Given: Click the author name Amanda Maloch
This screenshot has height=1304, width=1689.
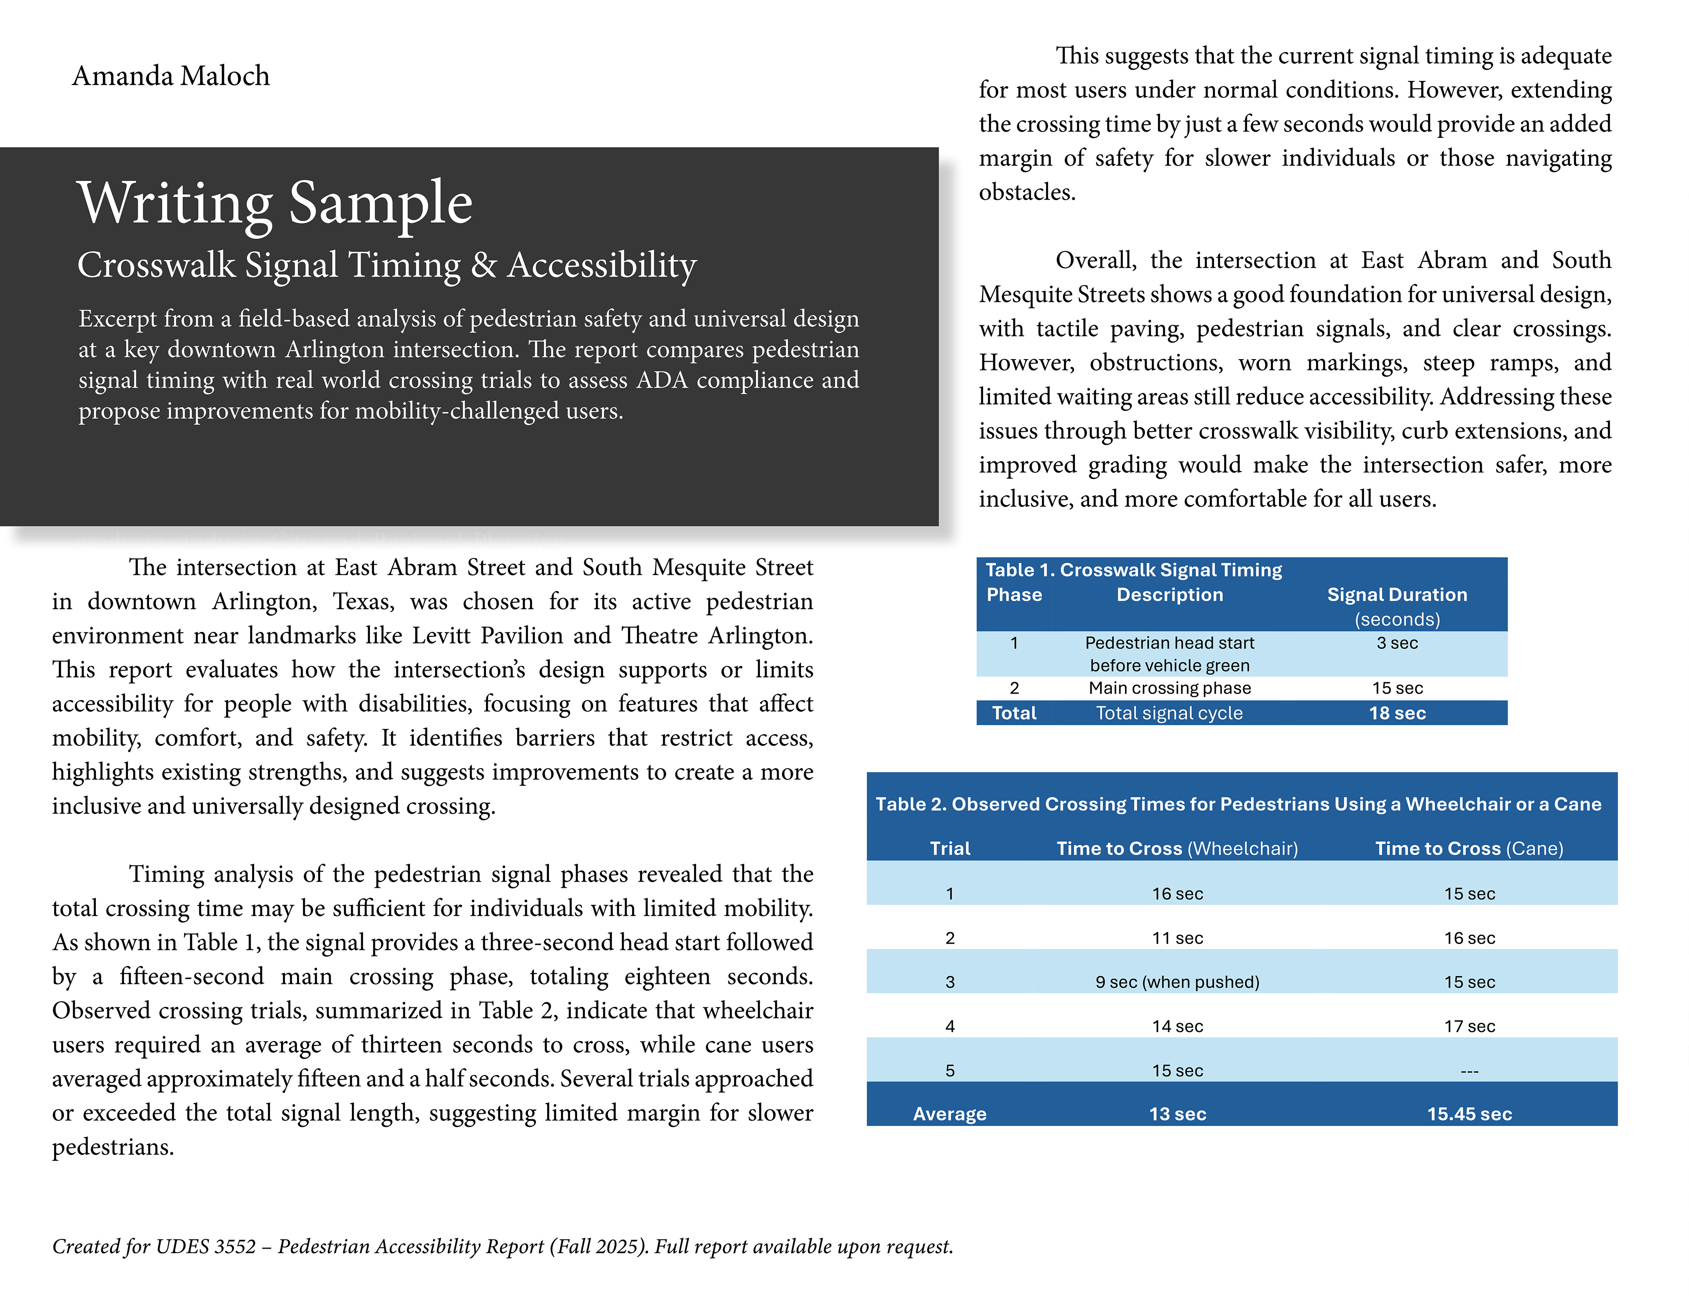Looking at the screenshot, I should click(171, 76).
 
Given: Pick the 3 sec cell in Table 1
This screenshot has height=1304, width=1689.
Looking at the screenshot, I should click(1397, 643).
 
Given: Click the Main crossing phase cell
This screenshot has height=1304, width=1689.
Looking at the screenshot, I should click(1169, 688).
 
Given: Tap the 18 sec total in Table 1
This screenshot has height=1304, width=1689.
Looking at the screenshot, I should click(1397, 713).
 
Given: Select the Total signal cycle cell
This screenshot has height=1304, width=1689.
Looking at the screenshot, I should click(1169, 713).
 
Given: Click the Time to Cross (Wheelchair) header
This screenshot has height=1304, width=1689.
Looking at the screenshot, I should click(1177, 849).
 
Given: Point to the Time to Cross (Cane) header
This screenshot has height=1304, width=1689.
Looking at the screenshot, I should click(1469, 849).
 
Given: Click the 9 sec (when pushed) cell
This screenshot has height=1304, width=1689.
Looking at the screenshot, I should click(1177, 982).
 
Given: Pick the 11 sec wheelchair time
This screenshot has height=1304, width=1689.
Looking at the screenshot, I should click(1177, 938).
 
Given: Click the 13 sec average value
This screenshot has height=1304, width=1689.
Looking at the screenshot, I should click(1177, 1114).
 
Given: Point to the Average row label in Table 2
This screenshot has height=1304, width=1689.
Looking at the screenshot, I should click(950, 1114).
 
